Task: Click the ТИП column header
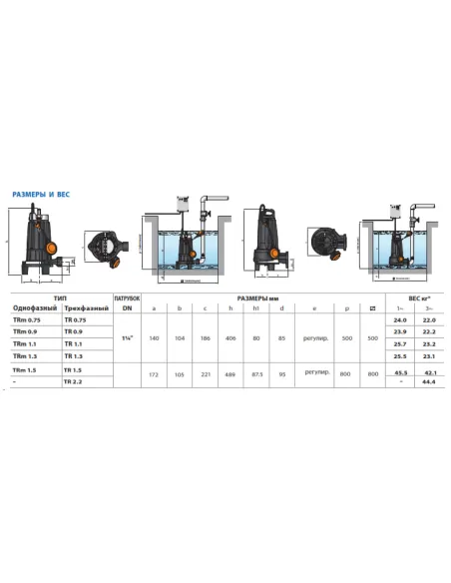(60, 297)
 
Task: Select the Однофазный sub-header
(35, 308)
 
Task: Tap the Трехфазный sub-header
(85, 308)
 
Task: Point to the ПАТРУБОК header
(127, 297)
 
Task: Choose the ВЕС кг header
(415, 297)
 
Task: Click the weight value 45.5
(401, 371)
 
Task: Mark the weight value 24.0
(401, 320)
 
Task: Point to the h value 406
(230, 338)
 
